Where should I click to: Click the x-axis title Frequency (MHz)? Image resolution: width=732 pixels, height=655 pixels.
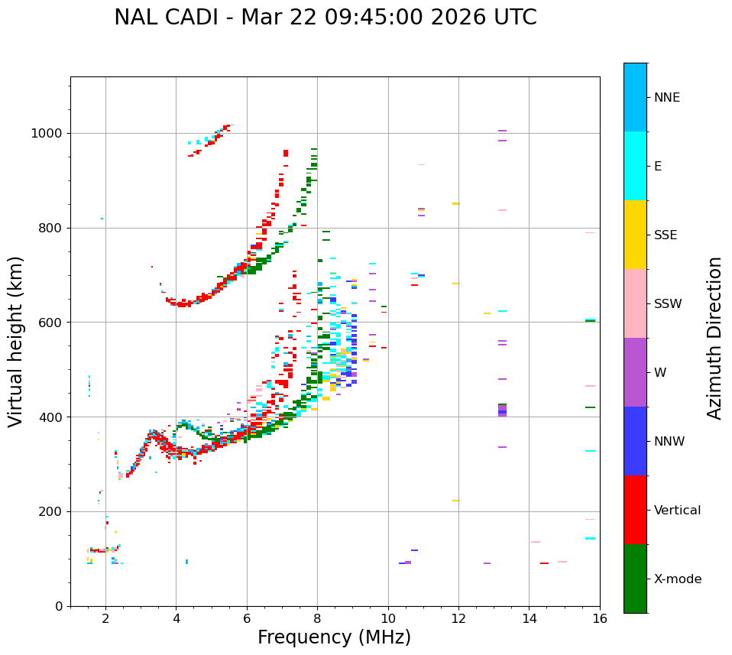point(334,637)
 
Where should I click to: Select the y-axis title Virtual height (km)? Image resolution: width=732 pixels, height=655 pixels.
point(16,342)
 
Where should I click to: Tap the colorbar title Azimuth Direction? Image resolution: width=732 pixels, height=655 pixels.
point(714,338)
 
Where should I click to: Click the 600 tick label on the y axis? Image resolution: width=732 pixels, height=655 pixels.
point(53,323)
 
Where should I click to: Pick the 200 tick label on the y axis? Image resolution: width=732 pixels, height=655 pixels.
point(53,511)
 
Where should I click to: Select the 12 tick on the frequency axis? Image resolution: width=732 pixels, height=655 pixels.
point(458,619)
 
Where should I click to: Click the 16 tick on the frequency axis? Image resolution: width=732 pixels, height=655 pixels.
point(600,619)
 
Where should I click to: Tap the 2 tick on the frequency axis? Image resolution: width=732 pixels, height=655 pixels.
point(105,619)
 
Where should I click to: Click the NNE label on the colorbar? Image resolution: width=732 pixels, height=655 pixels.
point(666,98)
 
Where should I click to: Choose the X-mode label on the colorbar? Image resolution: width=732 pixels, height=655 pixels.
point(677,579)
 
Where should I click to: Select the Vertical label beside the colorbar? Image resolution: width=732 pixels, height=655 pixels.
point(677,511)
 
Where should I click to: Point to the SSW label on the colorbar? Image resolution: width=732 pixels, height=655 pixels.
point(668,304)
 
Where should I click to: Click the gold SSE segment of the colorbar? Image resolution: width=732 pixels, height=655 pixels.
point(635,235)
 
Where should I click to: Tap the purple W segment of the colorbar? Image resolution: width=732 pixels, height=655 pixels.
point(635,372)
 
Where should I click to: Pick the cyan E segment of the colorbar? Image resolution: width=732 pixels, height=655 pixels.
point(635,166)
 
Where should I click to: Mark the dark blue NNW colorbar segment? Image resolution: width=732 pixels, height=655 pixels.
point(635,441)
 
